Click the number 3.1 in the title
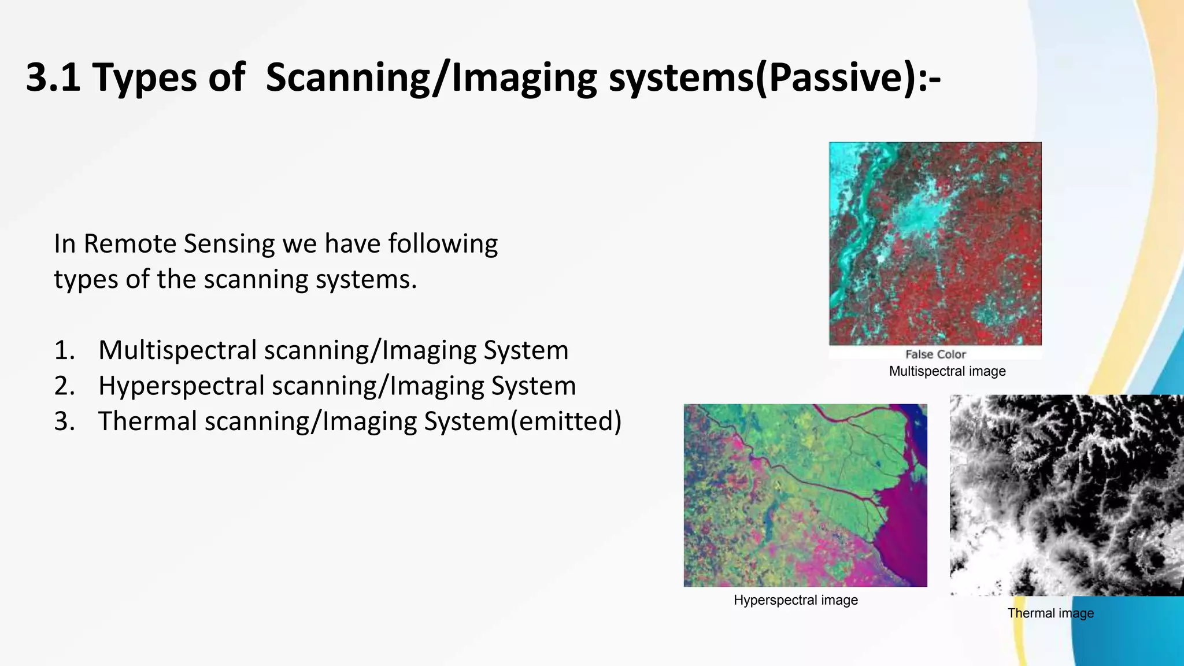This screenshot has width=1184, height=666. coord(53,77)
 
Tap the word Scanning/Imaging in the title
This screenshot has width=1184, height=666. coord(431,77)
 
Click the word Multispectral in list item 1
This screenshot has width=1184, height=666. coord(177,350)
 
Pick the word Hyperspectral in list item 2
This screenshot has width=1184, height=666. coord(181,386)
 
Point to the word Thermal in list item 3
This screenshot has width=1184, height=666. coord(147,421)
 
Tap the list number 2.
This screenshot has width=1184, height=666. coord(64,386)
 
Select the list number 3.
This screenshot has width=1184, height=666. coord(64,421)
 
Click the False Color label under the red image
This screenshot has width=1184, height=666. coord(935,354)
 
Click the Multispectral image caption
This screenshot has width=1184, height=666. coord(947,371)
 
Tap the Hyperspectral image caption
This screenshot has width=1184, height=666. coord(795,600)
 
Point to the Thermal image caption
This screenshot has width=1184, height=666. coord(1050,613)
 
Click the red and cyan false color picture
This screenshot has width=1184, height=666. coord(935,243)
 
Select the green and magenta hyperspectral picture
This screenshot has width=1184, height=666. coord(805,495)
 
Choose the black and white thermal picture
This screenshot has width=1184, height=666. coord(1066,495)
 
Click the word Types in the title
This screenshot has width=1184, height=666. coord(144,77)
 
